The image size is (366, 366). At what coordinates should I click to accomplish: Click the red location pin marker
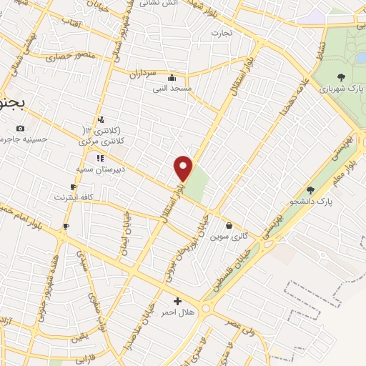184,168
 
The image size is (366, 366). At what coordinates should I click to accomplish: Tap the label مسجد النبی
171,89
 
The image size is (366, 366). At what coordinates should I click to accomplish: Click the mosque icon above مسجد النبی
171,78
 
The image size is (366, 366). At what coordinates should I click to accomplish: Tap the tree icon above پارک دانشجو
310,190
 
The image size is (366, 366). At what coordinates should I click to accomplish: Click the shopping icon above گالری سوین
228,225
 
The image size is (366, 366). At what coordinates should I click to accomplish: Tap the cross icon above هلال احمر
177,302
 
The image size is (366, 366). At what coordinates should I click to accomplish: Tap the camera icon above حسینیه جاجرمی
20,129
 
